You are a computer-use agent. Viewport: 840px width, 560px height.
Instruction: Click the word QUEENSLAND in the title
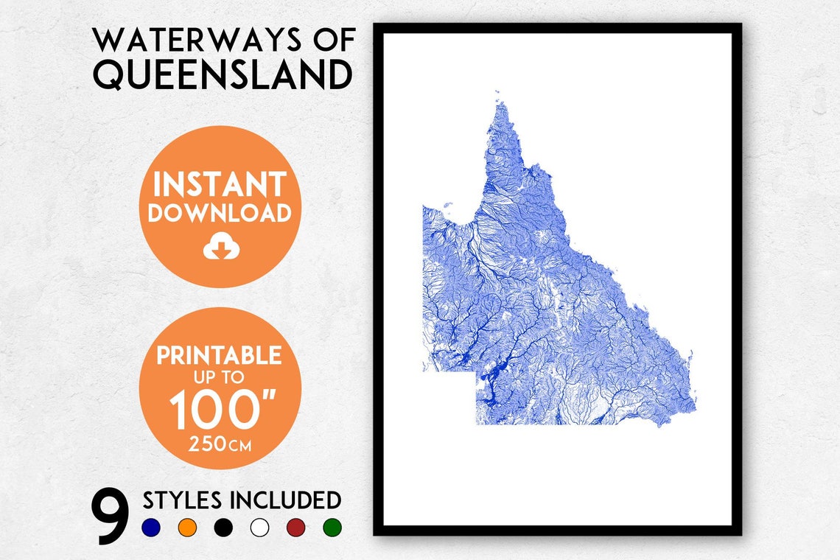click(x=222, y=75)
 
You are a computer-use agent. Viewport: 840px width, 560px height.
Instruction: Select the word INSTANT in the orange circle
click(x=220, y=184)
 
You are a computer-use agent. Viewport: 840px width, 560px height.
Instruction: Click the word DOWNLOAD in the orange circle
click(x=220, y=213)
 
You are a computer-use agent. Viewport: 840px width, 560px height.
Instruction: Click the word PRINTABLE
click(x=219, y=355)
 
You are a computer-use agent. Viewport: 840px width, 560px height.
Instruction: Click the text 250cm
click(x=219, y=444)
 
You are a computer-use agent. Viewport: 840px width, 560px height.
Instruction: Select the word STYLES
click(x=182, y=500)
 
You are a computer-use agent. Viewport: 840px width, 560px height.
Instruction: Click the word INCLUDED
click(x=286, y=500)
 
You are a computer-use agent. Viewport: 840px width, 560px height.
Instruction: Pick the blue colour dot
click(x=150, y=528)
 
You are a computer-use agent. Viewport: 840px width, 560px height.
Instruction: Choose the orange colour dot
click(x=187, y=528)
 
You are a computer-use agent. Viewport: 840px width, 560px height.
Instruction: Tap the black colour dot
click(x=223, y=528)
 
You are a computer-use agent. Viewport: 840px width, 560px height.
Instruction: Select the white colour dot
click(x=259, y=528)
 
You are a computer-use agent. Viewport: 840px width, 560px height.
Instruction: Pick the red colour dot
click(x=295, y=528)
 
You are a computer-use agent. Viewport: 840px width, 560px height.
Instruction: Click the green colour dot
click(x=332, y=528)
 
